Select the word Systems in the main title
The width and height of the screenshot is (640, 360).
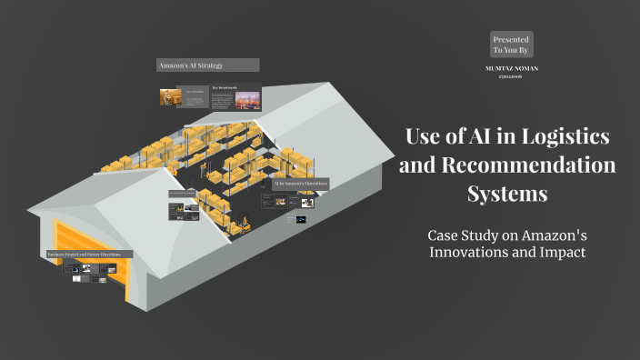507,194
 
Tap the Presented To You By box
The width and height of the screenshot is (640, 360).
511,45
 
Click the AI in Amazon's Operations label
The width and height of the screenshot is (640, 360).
300,184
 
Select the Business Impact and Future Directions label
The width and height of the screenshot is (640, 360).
90,254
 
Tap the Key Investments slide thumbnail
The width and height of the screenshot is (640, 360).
235,96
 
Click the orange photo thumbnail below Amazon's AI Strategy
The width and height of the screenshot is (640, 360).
170,97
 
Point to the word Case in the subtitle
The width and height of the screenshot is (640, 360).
446,235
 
